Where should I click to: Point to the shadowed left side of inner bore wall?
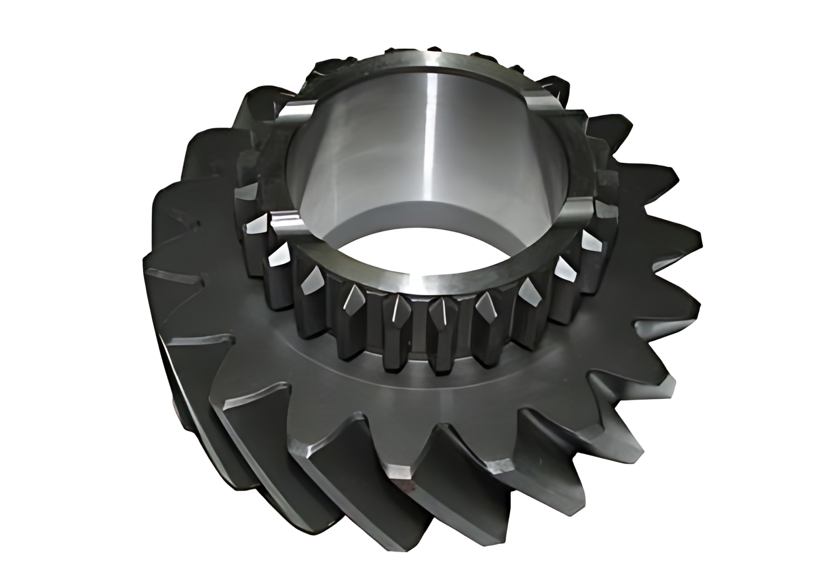coord(316,158)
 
